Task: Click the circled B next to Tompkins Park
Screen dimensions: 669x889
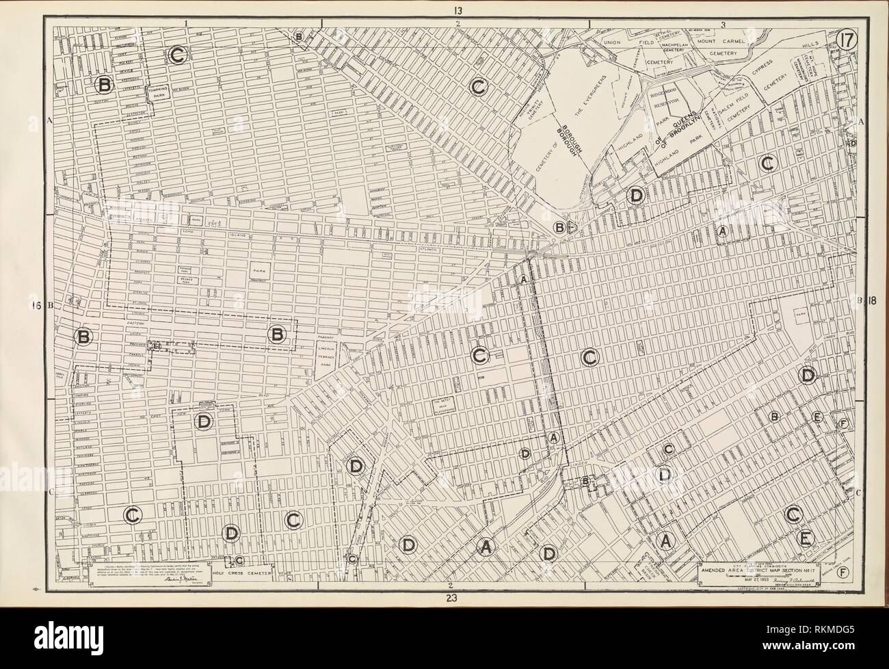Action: coord(104,85)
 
